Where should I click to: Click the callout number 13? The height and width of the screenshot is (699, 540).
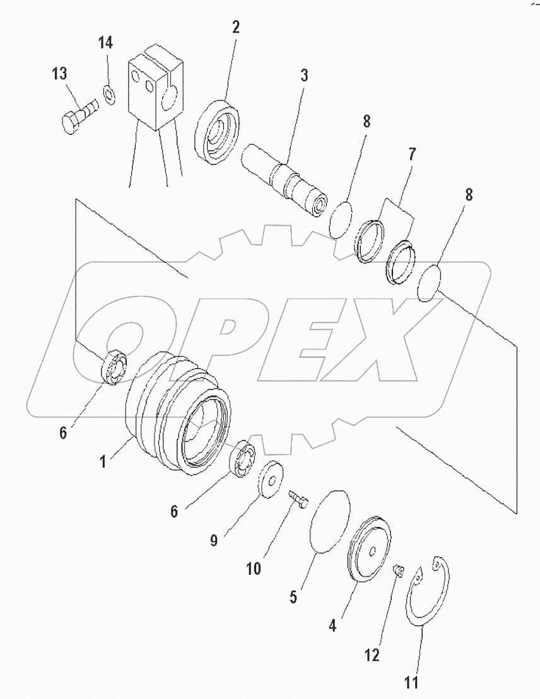point(59,73)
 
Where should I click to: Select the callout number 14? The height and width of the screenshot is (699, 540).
point(105,44)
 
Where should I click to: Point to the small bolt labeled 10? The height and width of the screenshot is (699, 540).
point(298,500)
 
